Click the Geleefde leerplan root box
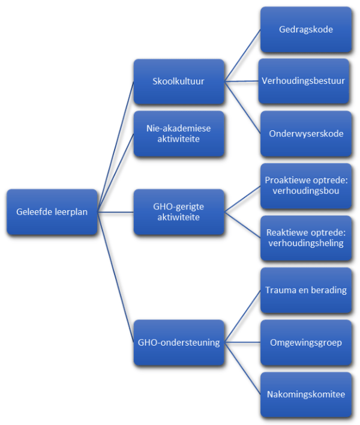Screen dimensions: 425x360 51,212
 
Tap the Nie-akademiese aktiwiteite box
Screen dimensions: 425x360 179,133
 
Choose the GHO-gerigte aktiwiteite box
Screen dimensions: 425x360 179,212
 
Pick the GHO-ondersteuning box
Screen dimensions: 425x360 179,343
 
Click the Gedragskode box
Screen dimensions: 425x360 305,29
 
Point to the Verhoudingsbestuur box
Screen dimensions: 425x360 305,80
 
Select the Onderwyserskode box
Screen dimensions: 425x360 305,133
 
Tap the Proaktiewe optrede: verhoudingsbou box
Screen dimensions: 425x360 305,185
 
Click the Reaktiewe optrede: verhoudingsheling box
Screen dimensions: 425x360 305,238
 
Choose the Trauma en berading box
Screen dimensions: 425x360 305,291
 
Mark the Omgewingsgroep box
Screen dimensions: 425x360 305,343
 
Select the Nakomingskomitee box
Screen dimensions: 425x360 305,395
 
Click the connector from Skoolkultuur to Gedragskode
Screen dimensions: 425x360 242,55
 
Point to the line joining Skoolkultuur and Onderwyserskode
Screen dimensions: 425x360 242,107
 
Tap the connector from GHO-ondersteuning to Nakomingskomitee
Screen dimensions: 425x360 242,369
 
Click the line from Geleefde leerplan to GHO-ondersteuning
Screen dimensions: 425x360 115,278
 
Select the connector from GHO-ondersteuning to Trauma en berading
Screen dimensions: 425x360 242,317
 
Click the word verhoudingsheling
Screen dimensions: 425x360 306,243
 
